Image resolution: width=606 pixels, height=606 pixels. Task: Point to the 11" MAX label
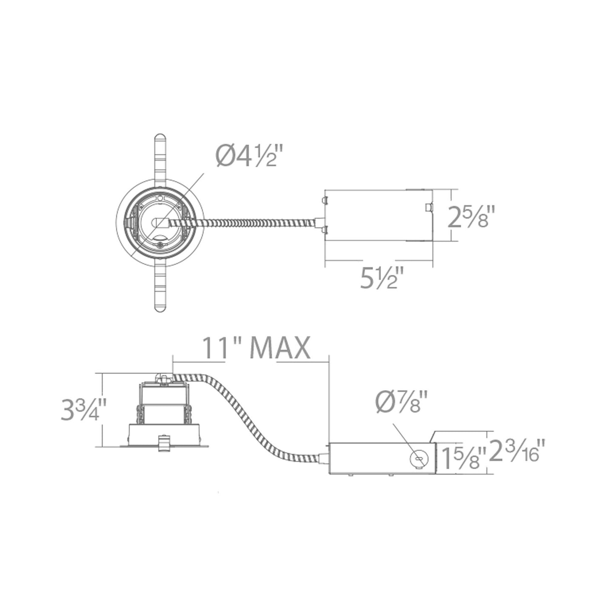point(256,348)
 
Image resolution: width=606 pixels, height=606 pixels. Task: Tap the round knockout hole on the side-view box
point(418,459)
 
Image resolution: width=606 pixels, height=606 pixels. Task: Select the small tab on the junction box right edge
point(428,207)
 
